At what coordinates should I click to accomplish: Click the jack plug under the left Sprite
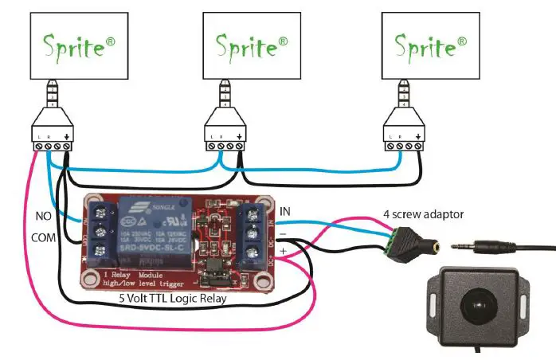pos(53,100)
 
